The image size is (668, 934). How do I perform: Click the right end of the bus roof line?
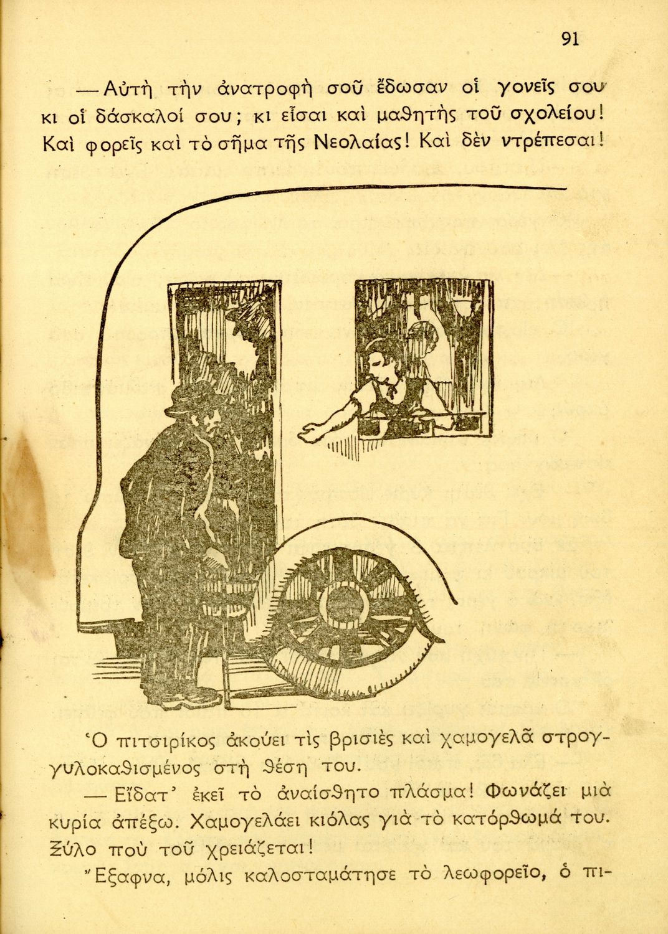tap(566, 189)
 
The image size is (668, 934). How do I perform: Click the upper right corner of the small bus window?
tap(492, 281)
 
